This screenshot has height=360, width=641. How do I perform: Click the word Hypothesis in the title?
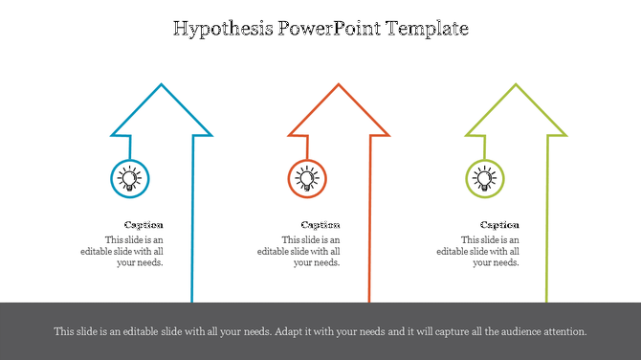[222, 29]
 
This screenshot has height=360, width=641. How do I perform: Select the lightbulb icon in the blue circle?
[129, 178]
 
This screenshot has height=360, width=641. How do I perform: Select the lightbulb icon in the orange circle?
[306, 178]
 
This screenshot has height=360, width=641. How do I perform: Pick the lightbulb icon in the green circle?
[485, 178]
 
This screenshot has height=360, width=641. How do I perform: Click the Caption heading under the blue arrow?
[144, 225]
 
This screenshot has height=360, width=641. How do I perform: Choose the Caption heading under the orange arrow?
[320, 225]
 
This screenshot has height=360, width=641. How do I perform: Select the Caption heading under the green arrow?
[499, 225]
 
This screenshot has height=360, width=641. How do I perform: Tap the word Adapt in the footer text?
[288, 331]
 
